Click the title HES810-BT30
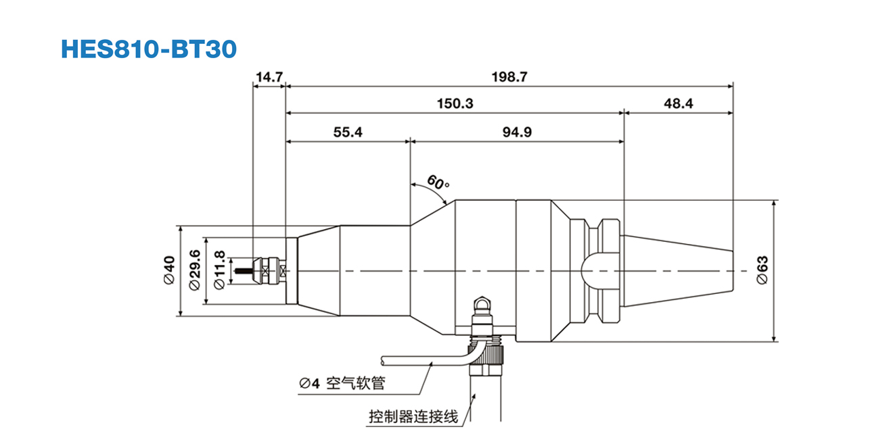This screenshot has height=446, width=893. click(x=149, y=49)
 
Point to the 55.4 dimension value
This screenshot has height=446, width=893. click(x=348, y=132)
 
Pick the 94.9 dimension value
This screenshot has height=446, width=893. click(x=516, y=132)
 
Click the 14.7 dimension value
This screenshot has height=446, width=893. click(x=269, y=77)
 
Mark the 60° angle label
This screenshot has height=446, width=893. click(x=438, y=182)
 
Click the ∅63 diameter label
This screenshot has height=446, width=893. click(x=762, y=271)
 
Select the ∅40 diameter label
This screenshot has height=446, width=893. click(x=169, y=271)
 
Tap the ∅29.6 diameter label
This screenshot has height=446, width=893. click(x=195, y=271)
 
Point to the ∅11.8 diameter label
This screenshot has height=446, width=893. click(x=219, y=272)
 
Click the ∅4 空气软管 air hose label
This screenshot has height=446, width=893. click(x=342, y=383)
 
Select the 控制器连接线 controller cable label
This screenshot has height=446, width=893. click(x=413, y=416)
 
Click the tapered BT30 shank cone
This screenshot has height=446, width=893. click(x=677, y=271)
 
